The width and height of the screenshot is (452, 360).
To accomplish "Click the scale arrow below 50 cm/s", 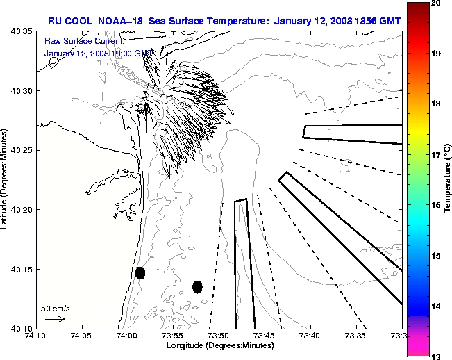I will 55,319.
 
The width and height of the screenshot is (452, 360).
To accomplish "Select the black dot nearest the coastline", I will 140,272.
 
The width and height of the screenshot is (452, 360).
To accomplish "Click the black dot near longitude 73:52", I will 197,286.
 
